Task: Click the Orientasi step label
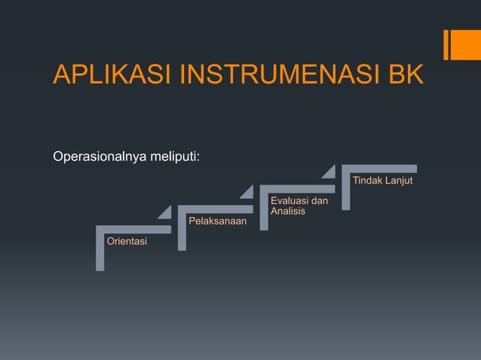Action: click(x=127, y=241)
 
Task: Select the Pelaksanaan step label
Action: click(x=217, y=221)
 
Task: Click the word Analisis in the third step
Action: click(x=287, y=212)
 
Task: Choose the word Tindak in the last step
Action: click(x=367, y=181)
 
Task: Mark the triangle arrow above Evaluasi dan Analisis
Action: click(x=247, y=193)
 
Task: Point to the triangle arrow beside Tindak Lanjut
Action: click(x=329, y=172)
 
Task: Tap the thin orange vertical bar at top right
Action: click(x=446, y=44)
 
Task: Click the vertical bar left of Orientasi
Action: click(x=100, y=252)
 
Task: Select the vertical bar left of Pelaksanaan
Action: click(x=182, y=231)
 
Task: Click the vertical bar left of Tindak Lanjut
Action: click(x=345, y=190)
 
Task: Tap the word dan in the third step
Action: click(x=319, y=201)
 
